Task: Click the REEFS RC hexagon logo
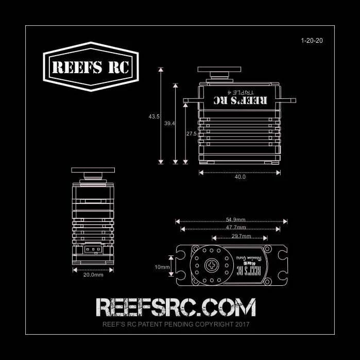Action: pyautogui.click(x=91, y=67)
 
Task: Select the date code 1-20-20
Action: pyautogui.click(x=312, y=40)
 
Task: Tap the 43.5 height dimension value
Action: pyautogui.click(x=153, y=117)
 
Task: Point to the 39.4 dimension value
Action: pyautogui.click(x=169, y=124)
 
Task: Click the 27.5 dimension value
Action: pyautogui.click(x=192, y=134)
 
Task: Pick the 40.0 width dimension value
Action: pyautogui.click(x=240, y=177)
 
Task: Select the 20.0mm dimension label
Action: pyautogui.click(x=93, y=275)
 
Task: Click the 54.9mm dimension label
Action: pyautogui.click(x=235, y=219)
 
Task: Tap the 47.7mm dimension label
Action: pyautogui.click(x=236, y=227)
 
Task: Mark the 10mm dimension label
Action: pyautogui.click(x=162, y=267)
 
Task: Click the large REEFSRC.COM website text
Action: pyautogui.click(x=176, y=307)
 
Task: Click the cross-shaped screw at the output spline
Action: pyautogui.click(x=212, y=266)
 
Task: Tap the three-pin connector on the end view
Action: pyautogui.click(x=92, y=249)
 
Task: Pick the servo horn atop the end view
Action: pyautogui.click(x=93, y=170)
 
